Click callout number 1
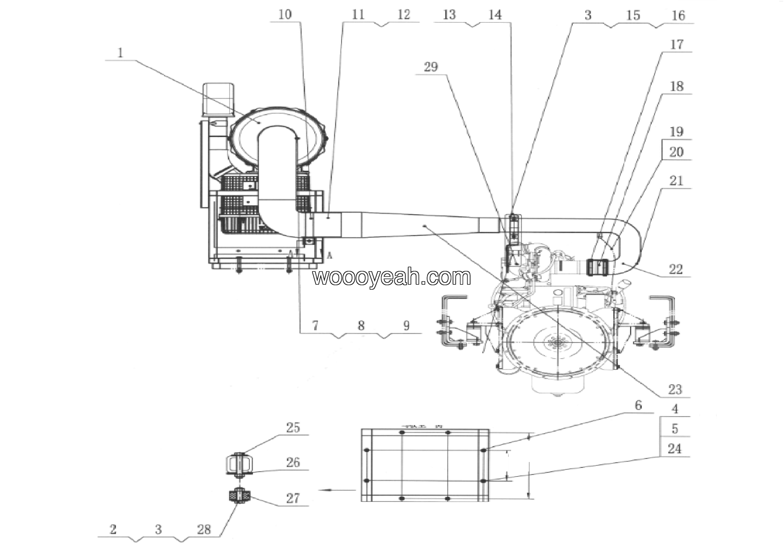(x=120, y=53)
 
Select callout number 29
(x=431, y=66)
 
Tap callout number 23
(x=675, y=389)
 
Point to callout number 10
(x=285, y=15)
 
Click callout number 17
(x=677, y=44)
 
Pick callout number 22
(x=675, y=269)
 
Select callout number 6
(x=638, y=405)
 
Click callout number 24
(x=674, y=449)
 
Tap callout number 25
(x=293, y=428)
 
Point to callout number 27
(x=293, y=498)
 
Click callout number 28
(x=204, y=530)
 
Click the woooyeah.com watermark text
(x=392, y=277)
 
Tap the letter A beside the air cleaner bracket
(x=330, y=255)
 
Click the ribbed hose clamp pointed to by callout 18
(x=597, y=268)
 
